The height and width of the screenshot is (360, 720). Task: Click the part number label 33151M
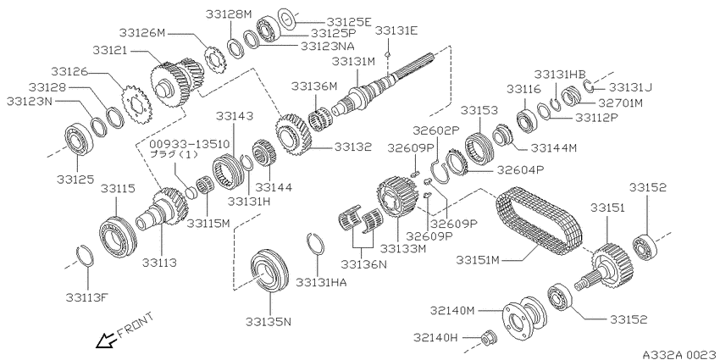click(478, 260)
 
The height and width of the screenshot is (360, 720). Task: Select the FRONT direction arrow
click(105, 341)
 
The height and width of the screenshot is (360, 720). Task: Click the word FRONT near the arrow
click(136, 324)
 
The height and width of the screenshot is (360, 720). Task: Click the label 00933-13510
click(189, 144)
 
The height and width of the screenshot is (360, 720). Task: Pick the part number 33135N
click(269, 321)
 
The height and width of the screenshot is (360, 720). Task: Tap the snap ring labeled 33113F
click(85, 256)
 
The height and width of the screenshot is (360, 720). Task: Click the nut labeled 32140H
click(487, 339)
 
